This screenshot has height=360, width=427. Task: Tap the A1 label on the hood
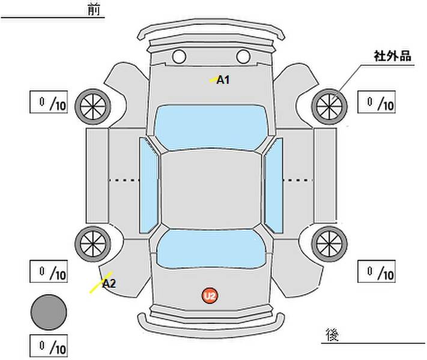[x=223, y=79]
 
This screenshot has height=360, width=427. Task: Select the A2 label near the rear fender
[x=109, y=283]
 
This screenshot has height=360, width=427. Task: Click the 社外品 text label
[x=392, y=56]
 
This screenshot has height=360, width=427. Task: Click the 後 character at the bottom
[x=332, y=334]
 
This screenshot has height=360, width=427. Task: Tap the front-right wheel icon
[x=330, y=106]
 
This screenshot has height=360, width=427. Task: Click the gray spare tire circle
[x=49, y=312]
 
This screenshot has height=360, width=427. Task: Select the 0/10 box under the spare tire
[x=49, y=346]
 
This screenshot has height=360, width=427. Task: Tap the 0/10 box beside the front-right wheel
[x=376, y=102]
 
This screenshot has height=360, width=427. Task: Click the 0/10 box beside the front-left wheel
[x=49, y=102]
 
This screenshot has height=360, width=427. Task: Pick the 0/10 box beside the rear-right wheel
[x=376, y=271]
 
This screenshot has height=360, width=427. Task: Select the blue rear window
[x=211, y=248]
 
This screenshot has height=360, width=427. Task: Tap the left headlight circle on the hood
[x=179, y=57]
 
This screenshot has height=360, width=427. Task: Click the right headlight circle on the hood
[x=243, y=57]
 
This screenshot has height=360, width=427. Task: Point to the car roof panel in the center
[x=211, y=189]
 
